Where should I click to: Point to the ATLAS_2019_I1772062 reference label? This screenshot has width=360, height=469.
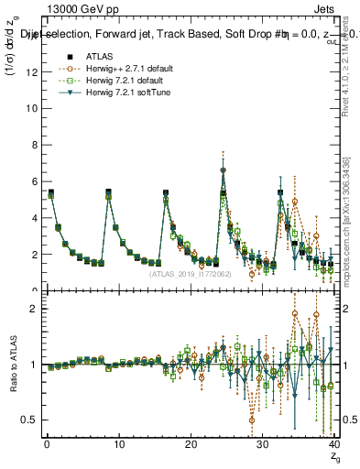point(190,273)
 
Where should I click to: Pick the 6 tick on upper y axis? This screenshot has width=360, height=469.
point(33,181)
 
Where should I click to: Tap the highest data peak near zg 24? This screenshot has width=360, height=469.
point(223,170)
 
